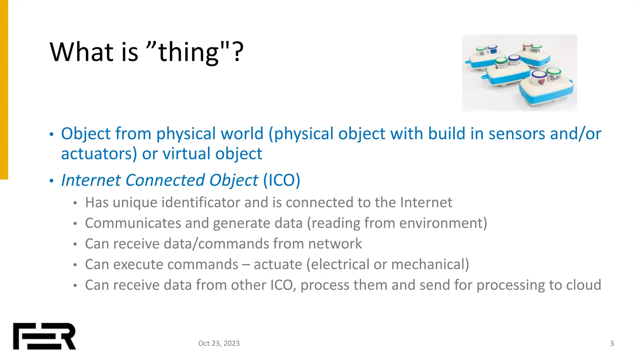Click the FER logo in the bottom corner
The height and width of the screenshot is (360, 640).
tap(44, 336)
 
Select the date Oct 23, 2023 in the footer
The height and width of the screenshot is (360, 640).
tap(219, 343)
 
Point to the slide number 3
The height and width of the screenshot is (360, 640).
tap(612, 343)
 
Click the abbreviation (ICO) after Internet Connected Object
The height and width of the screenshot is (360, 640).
tap(282, 180)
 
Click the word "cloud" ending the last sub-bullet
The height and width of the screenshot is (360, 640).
tap(584, 285)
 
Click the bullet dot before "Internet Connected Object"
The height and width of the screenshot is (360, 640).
tap(52, 181)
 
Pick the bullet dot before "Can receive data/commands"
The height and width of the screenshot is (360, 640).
tap(75, 244)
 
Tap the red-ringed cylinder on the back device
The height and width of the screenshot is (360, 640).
tap(527, 48)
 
